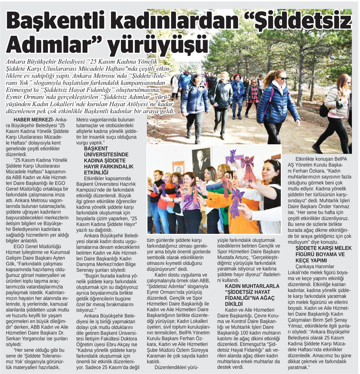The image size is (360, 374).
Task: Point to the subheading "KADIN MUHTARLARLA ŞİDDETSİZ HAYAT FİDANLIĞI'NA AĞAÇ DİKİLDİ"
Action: [x=248, y=295]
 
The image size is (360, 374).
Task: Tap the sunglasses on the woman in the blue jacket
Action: [x=282, y=78]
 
